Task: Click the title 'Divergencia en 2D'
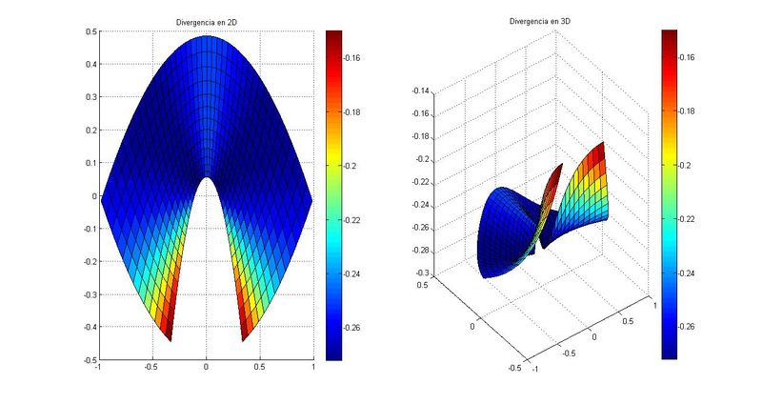206,21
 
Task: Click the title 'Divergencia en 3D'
541,21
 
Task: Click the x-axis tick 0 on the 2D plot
206,367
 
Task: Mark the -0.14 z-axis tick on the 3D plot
419,91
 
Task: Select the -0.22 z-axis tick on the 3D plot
419,182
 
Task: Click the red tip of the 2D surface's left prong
168,333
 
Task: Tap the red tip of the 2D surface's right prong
244,333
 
